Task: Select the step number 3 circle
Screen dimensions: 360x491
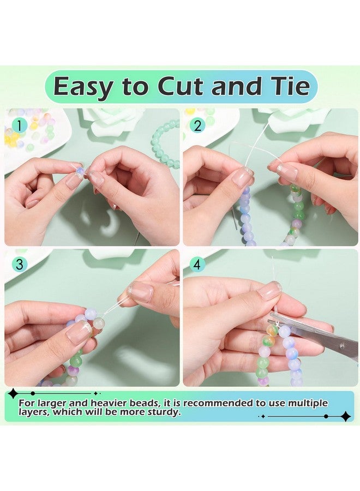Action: pos(19,265)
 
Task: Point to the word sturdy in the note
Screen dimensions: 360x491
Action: pos(164,412)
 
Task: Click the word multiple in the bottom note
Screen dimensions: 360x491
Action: pos(308,404)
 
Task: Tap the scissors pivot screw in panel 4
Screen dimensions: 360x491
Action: pos(342,346)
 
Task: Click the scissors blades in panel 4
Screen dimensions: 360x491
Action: pos(313,336)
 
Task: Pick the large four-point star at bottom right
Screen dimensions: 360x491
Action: pos(346,416)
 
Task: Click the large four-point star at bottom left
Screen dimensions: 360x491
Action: pos(13,393)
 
